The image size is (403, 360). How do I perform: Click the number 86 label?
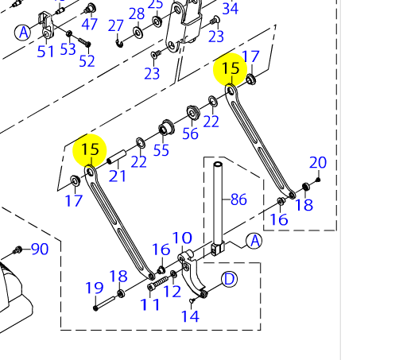pyautogui.click(x=238, y=199)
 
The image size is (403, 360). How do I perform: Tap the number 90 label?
pyautogui.click(x=40, y=249)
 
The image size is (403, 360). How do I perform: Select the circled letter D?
pyautogui.click(x=229, y=279)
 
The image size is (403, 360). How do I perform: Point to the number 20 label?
pyautogui.click(x=318, y=162)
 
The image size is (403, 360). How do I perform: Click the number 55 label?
pyautogui.click(x=161, y=150)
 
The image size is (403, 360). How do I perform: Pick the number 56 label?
pyautogui.click(x=190, y=134)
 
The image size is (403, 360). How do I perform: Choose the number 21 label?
pyautogui.click(x=118, y=176)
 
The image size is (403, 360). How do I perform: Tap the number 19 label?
pyautogui.click(x=95, y=288)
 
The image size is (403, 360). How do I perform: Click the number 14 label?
pyautogui.click(x=190, y=316)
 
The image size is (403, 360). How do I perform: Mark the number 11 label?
pyautogui.click(x=150, y=304)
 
